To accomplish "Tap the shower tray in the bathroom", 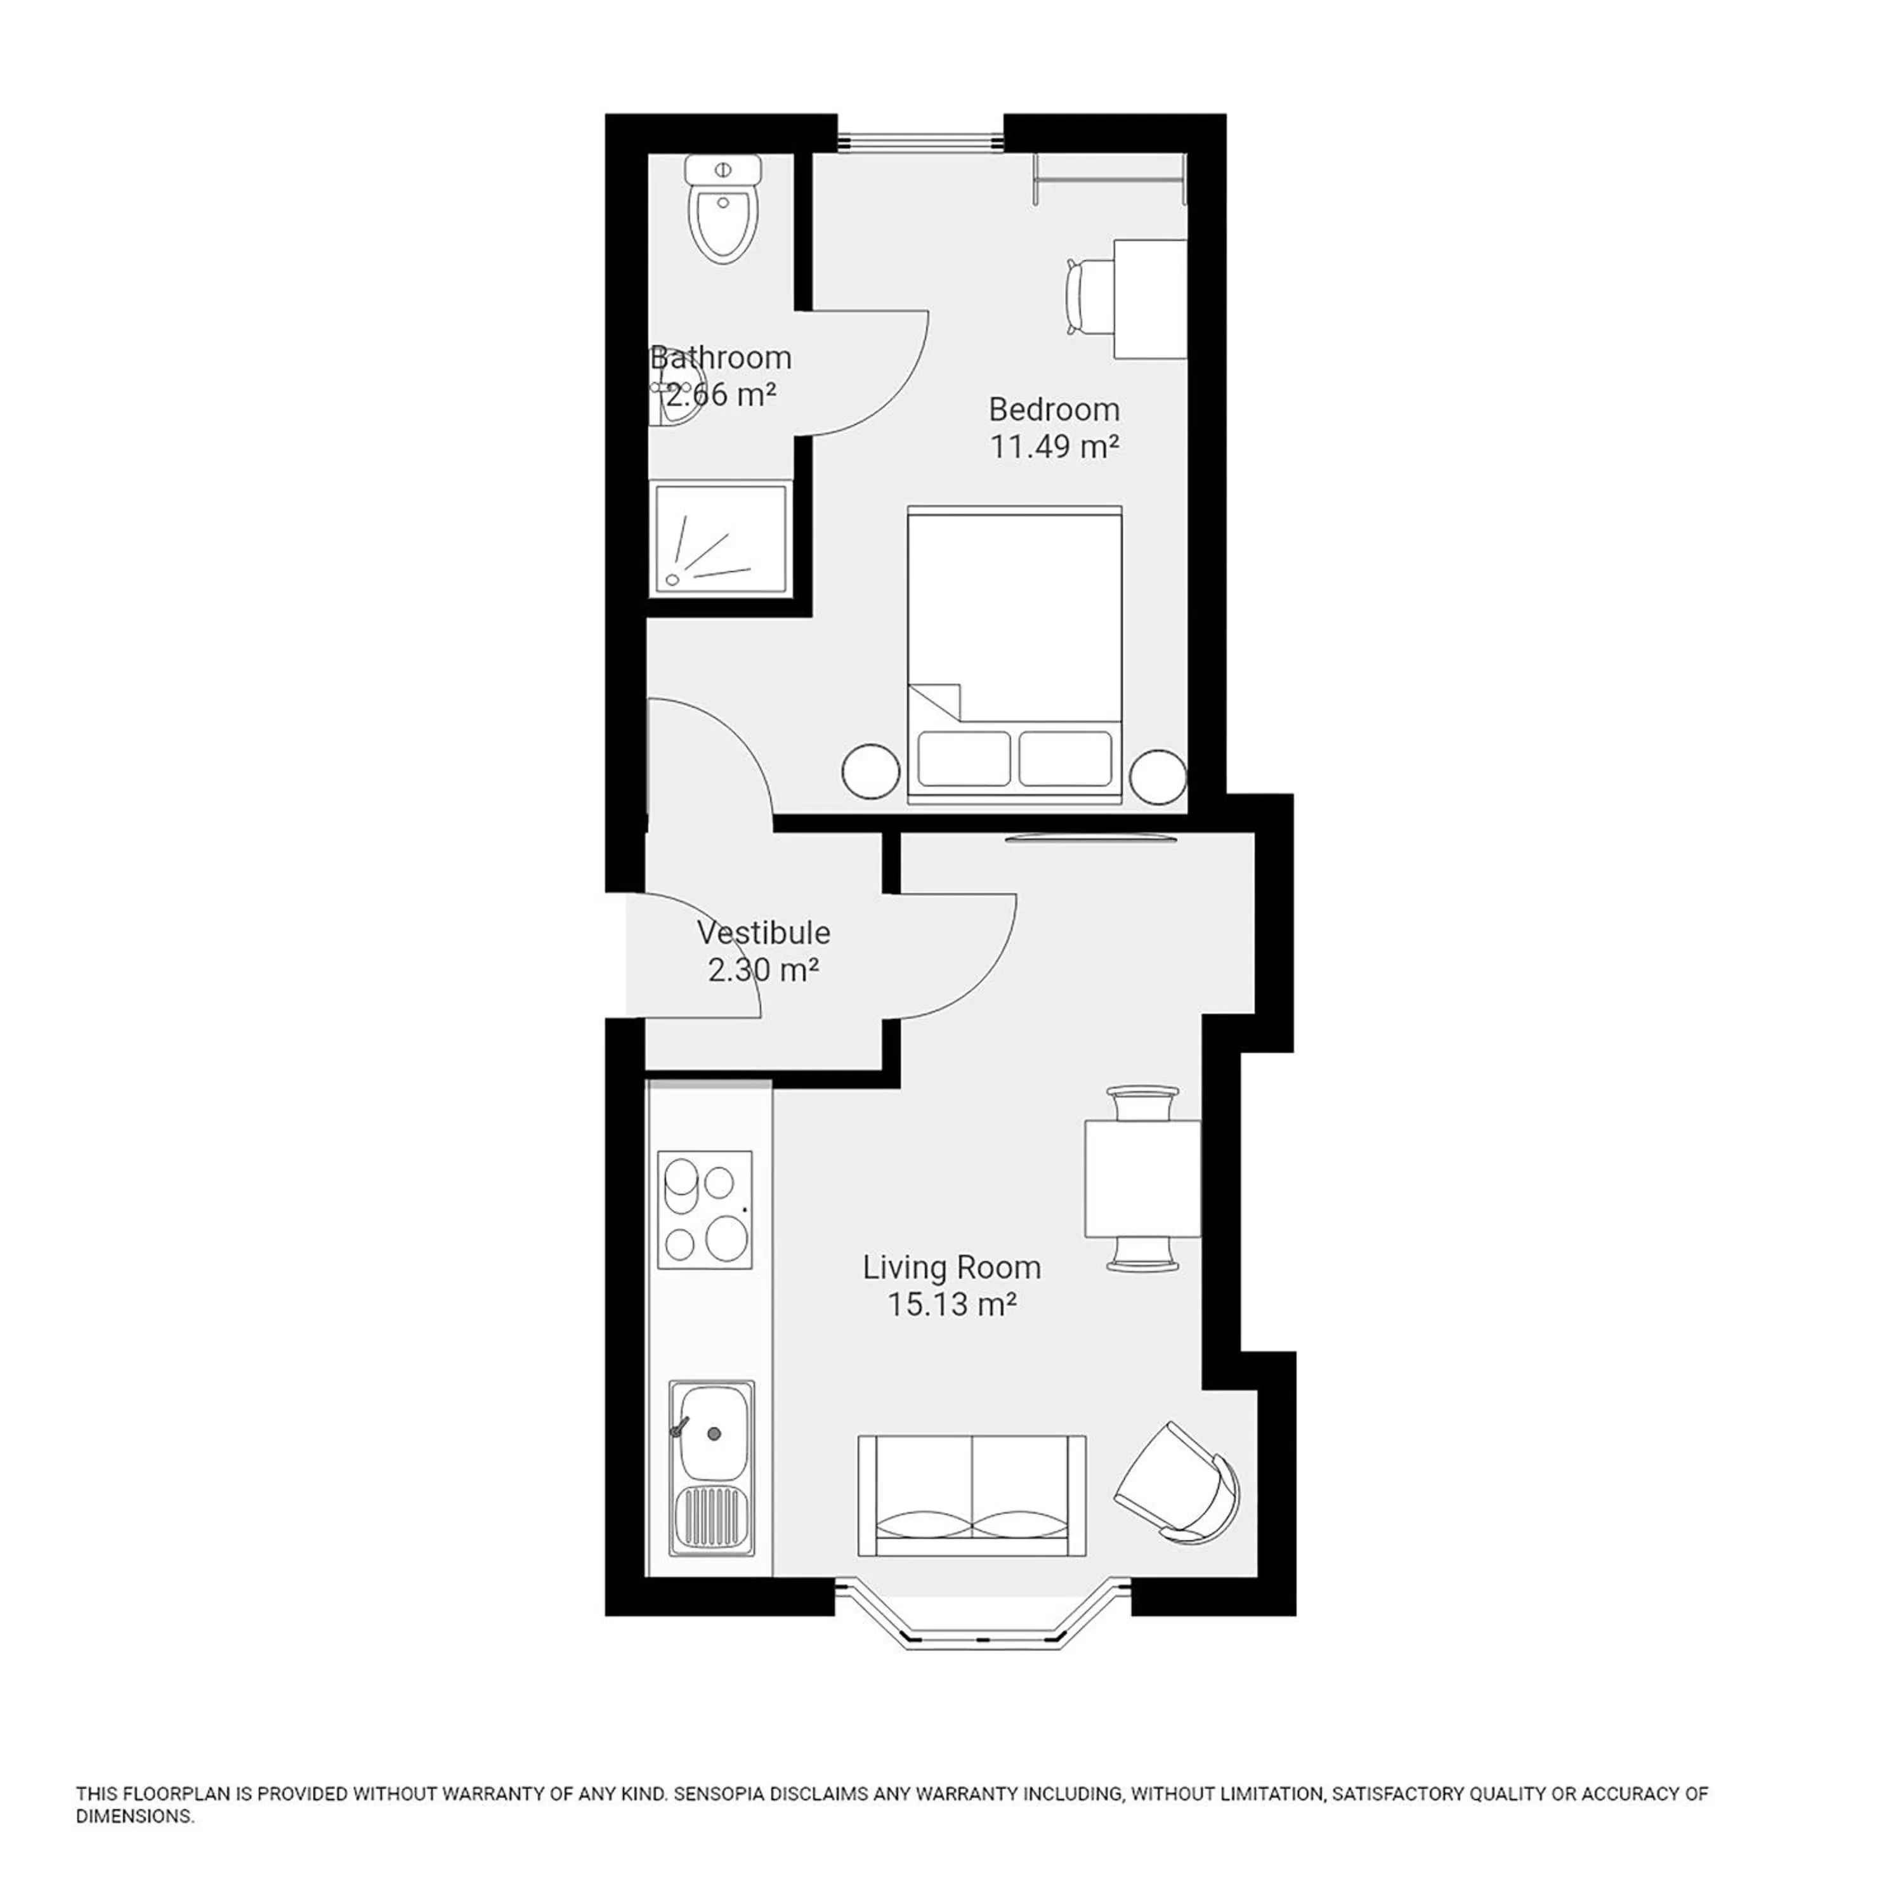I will coord(721,539).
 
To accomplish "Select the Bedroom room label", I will coord(1054,409).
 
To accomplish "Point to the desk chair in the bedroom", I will coord(1087,296).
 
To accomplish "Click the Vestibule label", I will coord(762,932).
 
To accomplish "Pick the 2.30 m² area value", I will coord(763,971).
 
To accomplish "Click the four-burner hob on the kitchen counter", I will coord(704,1210).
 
